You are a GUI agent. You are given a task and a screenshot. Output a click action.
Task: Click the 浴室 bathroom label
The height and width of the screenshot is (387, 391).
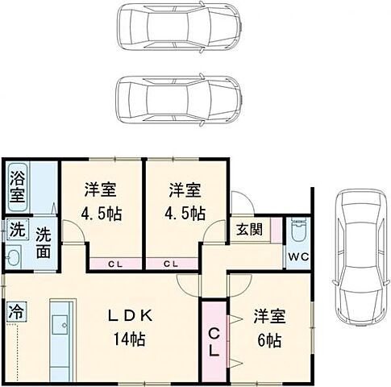16,186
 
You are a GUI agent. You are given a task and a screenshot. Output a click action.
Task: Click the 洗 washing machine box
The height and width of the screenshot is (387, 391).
16,230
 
